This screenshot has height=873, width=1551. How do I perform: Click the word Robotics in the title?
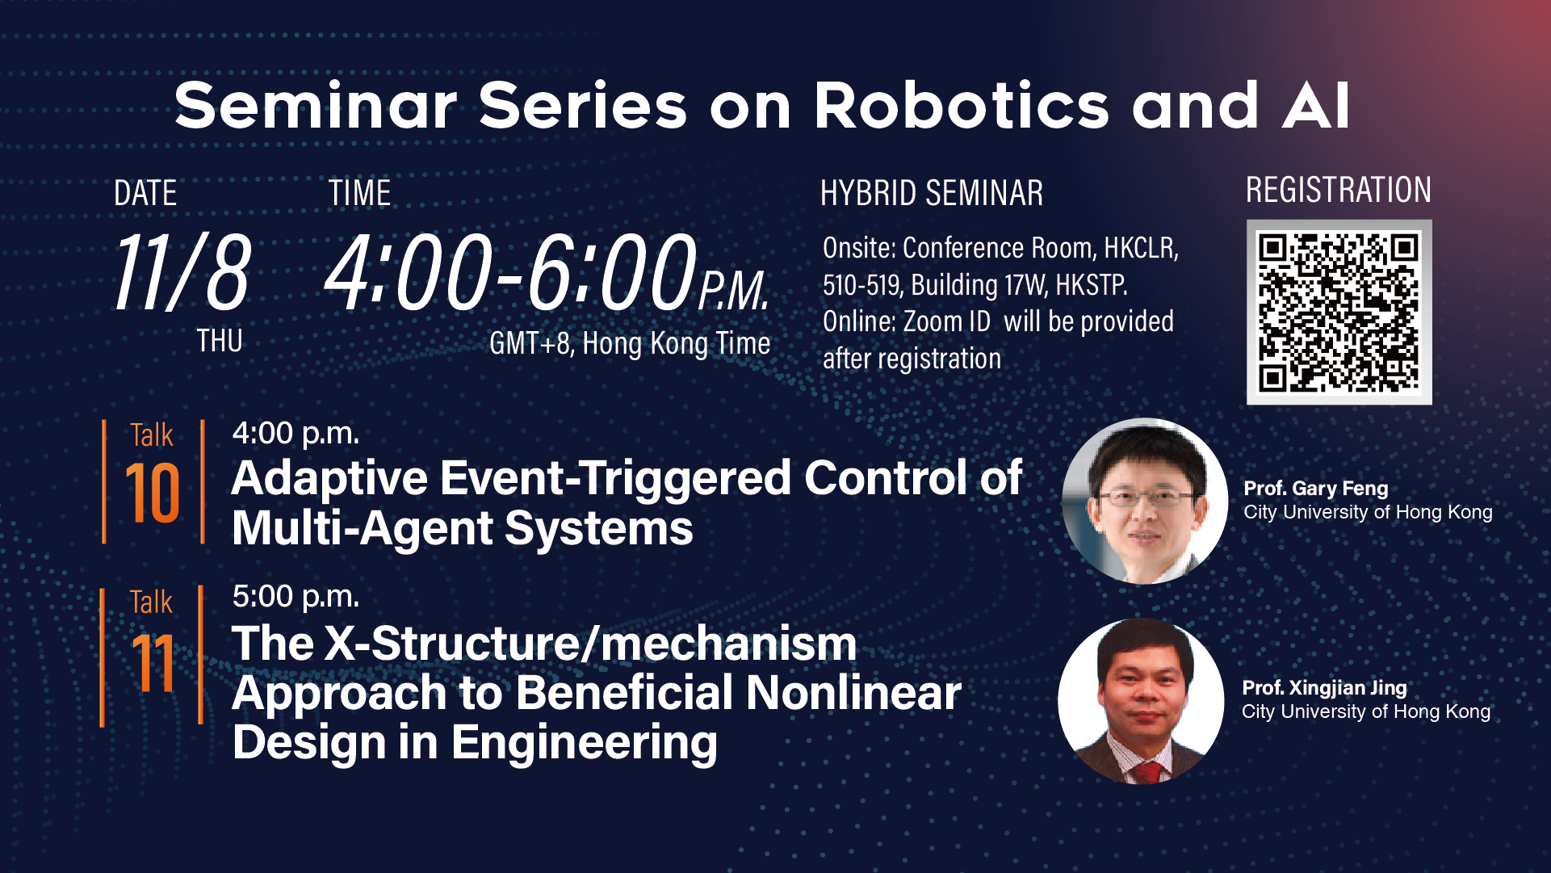pyautogui.click(x=962, y=106)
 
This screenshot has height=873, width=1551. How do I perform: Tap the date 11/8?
pyautogui.click(x=182, y=271)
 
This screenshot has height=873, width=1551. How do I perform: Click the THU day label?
pyautogui.click(x=220, y=341)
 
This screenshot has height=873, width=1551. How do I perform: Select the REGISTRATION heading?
pyautogui.click(x=1338, y=190)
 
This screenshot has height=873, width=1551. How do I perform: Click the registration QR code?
pyautogui.click(x=1339, y=312)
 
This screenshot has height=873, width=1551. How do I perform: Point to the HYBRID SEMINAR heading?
pyautogui.click(x=932, y=194)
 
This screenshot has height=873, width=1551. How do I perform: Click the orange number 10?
pyautogui.click(x=152, y=493)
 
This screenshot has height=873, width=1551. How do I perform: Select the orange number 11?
pyautogui.click(x=153, y=663)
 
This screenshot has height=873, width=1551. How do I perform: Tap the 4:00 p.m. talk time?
pyautogui.click(x=296, y=434)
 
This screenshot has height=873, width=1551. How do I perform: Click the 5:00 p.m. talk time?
pyautogui.click(x=296, y=598)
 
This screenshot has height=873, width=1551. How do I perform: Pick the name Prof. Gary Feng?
pyautogui.click(x=1315, y=489)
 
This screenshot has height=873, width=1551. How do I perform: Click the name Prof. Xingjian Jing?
pyautogui.click(x=1324, y=688)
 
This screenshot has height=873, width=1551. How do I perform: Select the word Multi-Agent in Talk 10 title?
pyautogui.click(x=363, y=529)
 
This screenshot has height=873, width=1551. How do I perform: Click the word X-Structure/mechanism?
pyautogui.click(x=590, y=644)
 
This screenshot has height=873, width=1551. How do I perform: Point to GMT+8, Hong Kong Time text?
pyautogui.click(x=630, y=344)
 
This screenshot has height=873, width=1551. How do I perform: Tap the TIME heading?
pyautogui.click(x=359, y=194)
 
